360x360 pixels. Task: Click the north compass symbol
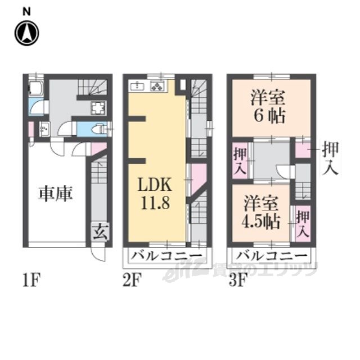pos(27,33)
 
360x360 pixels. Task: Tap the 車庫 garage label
pos(56,193)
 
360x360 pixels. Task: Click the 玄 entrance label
pos(100,232)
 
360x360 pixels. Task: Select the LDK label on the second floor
pos(155,184)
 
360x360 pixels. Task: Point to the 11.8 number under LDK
pos(155,203)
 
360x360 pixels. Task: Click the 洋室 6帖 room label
pos(269,107)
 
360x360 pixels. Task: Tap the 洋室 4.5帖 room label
pos(261,213)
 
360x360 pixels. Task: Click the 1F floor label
pos(31,280)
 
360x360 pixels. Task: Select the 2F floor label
pos(132,280)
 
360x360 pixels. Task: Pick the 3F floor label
pos(238,280)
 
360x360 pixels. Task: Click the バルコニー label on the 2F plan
pos(167,255)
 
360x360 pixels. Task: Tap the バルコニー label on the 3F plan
pos(272,255)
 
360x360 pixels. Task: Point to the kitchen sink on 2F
pos(137,86)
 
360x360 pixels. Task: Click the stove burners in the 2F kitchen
pos(157,86)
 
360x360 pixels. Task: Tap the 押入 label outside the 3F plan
pos(330,159)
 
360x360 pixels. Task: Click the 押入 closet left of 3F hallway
pos(240,161)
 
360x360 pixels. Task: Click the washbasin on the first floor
pos(45,129)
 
